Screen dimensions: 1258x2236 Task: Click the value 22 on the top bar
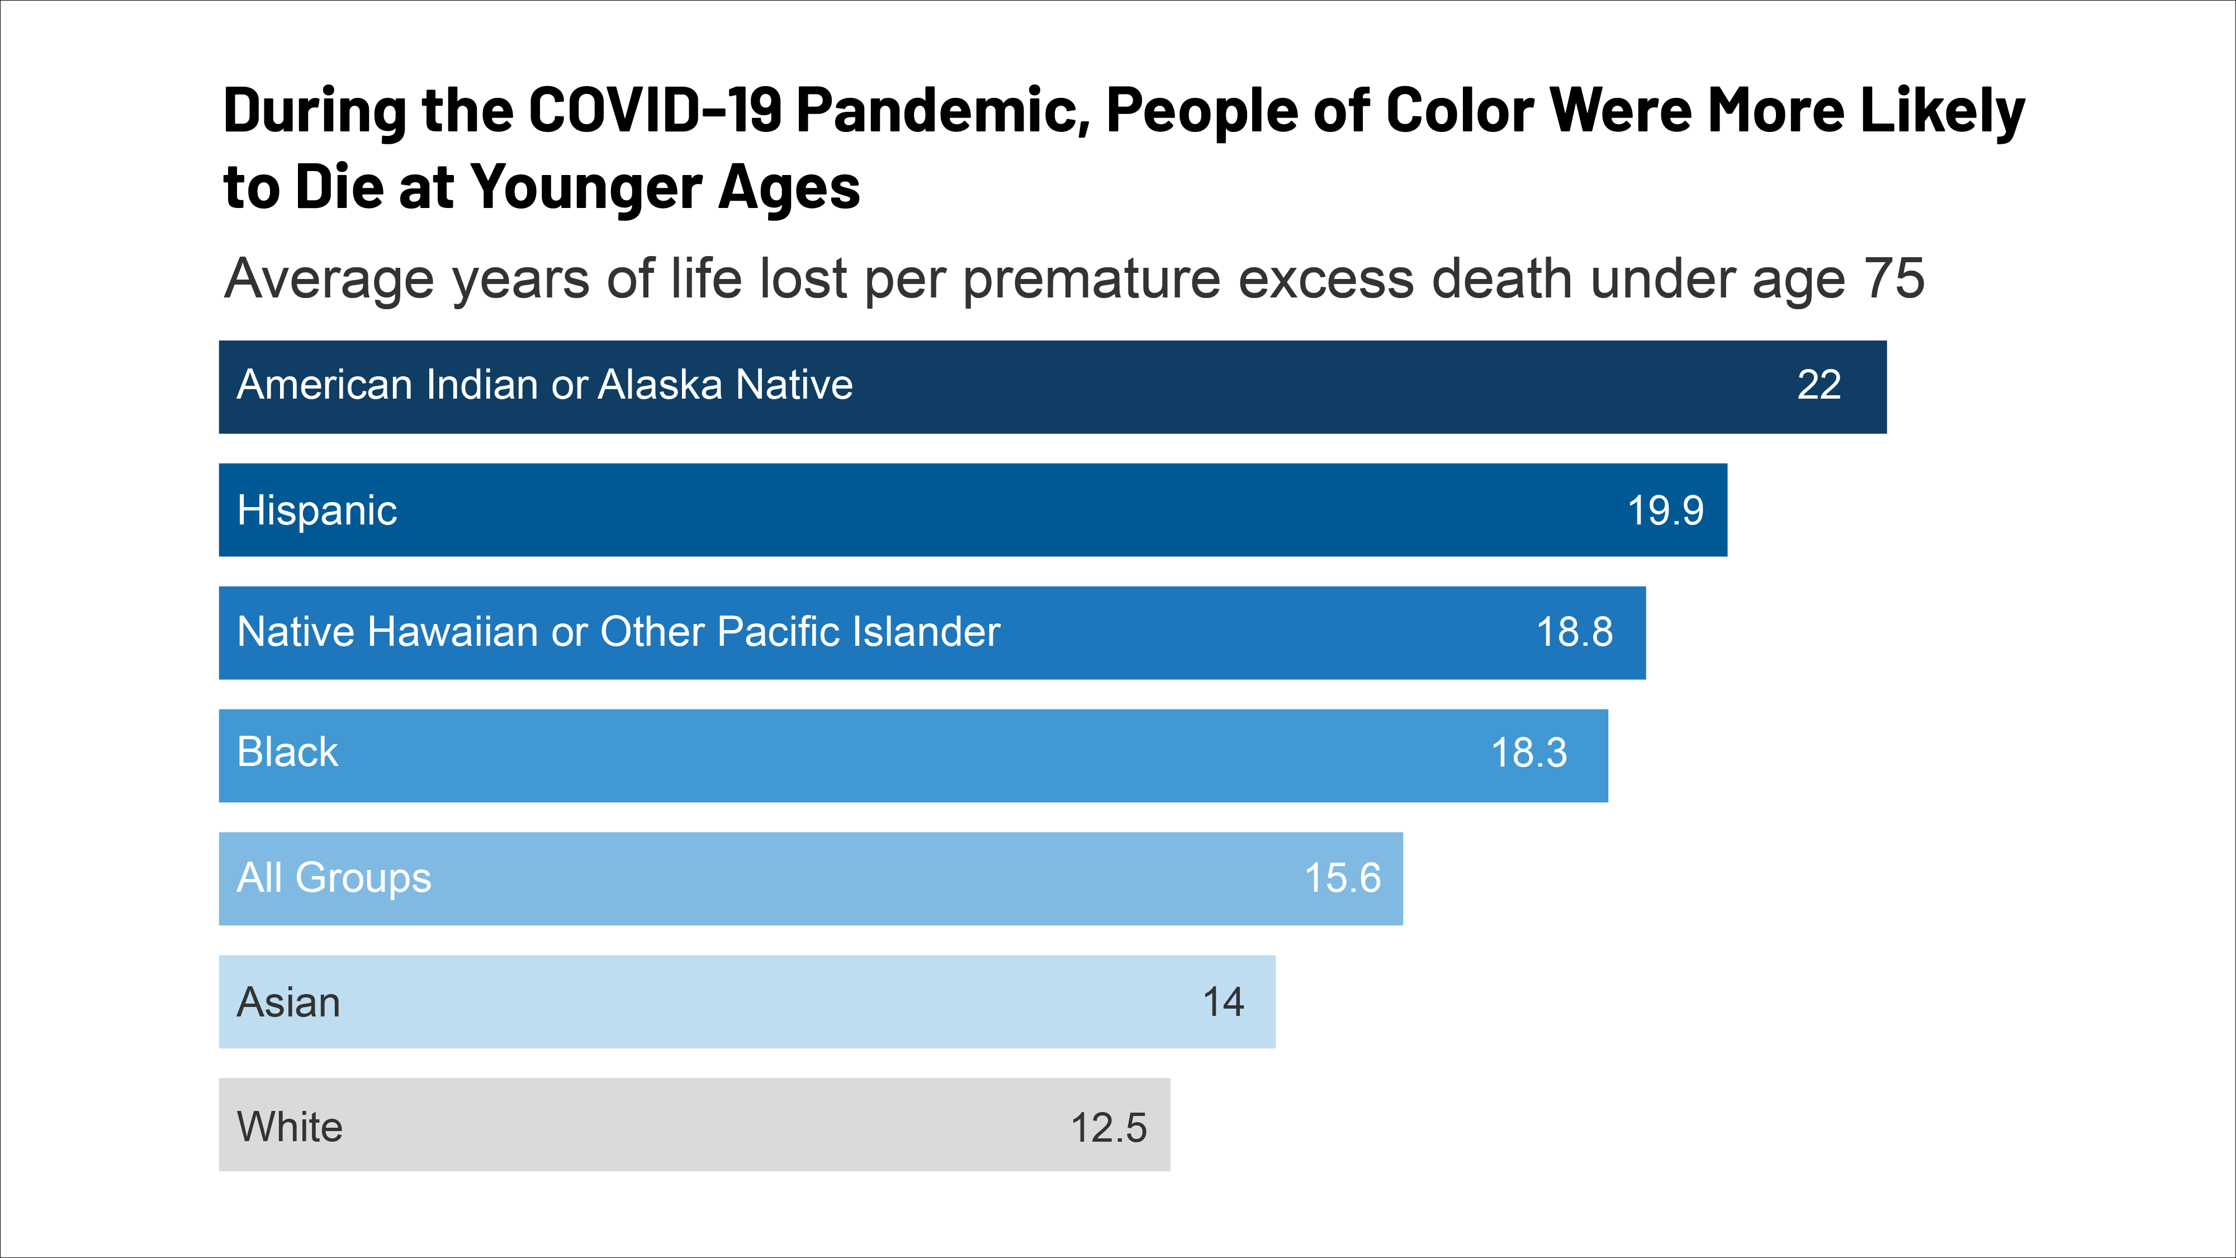1818,385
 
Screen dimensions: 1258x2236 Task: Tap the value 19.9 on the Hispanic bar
1665,509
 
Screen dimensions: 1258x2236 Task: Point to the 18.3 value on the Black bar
1528,753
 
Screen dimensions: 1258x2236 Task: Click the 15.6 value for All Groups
1342,878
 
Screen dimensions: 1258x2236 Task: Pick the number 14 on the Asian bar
1223,1002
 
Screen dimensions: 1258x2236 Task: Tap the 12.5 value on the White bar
1108,1128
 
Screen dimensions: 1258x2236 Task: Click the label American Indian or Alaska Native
544,385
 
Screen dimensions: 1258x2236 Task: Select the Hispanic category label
317,509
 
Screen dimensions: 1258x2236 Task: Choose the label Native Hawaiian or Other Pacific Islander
618,631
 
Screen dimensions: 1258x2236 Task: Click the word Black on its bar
287,752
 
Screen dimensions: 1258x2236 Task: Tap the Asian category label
288,1002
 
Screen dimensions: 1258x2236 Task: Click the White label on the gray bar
290,1127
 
